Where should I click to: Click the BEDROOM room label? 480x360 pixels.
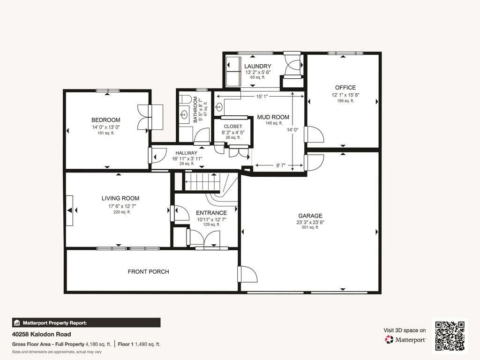click(x=105, y=120)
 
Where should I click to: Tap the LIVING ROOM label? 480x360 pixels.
click(x=120, y=198)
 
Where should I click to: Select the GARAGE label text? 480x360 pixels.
click(x=310, y=216)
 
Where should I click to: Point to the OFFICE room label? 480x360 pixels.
click(x=345, y=88)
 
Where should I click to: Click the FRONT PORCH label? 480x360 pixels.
click(x=149, y=271)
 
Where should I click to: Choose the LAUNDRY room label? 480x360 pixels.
click(x=258, y=66)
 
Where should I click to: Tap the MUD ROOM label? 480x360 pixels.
click(x=273, y=117)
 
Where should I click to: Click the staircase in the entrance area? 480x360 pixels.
click(x=202, y=181)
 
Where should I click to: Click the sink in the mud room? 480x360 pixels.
click(x=219, y=107)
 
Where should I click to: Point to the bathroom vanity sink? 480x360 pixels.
click(x=184, y=115)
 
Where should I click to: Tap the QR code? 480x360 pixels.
click(x=450, y=336)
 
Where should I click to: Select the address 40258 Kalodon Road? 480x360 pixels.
click(x=42, y=334)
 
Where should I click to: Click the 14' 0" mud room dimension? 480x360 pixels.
click(x=292, y=129)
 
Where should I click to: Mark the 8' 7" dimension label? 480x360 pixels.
click(x=281, y=165)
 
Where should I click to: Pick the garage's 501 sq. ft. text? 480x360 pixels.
click(x=310, y=227)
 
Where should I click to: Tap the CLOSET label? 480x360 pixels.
click(x=233, y=127)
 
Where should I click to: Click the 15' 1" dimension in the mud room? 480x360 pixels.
click(x=262, y=97)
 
